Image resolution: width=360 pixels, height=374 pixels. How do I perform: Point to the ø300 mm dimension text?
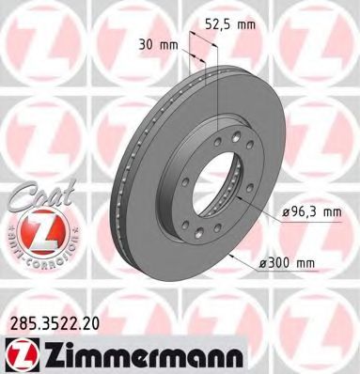(302, 266)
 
